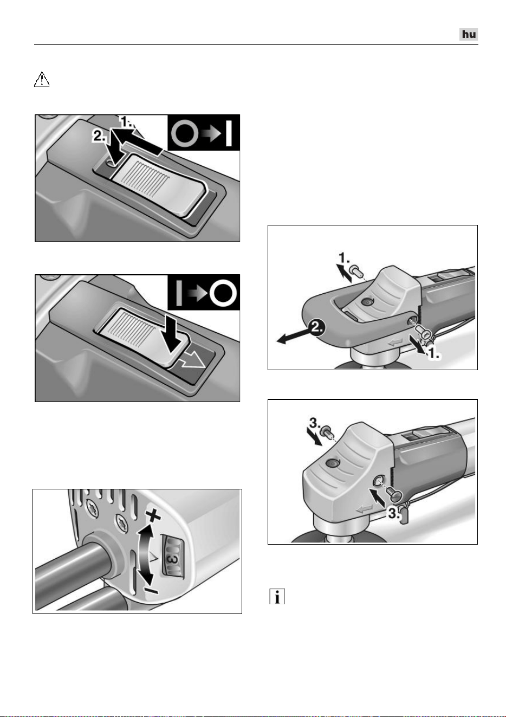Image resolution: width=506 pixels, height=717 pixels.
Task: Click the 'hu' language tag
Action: click(x=469, y=34)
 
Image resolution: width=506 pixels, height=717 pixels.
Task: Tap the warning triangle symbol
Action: click(x=42, y=79)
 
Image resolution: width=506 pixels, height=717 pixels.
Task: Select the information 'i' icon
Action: click(x=277, y=596)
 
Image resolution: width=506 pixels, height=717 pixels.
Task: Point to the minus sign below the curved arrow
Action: click(x=151, y=589)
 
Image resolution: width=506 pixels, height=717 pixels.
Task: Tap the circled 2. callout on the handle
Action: click(x=316, y=328)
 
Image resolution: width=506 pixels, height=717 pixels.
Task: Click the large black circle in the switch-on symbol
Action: click(x=184, y=133)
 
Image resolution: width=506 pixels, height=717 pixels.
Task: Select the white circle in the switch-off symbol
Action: click(x=223, y=293)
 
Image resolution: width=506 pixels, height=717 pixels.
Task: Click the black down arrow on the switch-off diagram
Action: click(x=172, y=339)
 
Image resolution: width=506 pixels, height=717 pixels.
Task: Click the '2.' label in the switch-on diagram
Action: click(x=99, y=137)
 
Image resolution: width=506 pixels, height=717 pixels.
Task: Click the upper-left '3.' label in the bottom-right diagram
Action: click(x=315, y=424)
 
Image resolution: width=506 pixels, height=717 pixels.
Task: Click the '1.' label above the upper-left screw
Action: click(x=343, y=257)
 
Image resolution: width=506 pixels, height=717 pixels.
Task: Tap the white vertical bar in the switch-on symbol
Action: click(x=229, y=133)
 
